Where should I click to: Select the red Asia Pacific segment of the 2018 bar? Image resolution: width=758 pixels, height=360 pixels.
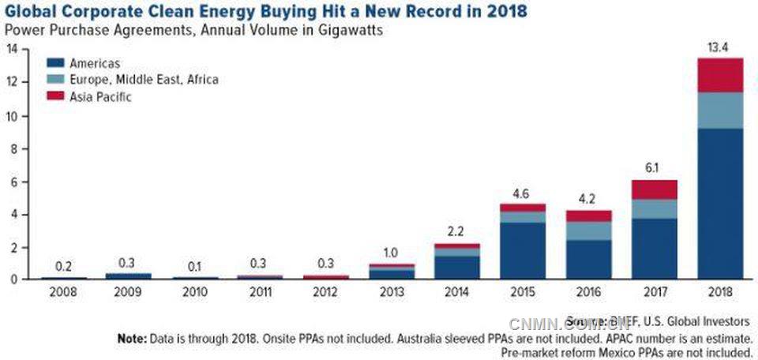click(x=720, y=75)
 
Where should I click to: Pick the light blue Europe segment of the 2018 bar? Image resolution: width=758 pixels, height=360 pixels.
click(x=720, y=111)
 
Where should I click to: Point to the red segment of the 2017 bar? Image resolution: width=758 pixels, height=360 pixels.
click(x=654, y=189)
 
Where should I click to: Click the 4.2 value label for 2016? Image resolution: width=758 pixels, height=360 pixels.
click(x=587, y=201)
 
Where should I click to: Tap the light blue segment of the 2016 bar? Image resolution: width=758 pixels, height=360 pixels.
click(x=587, y=231)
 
